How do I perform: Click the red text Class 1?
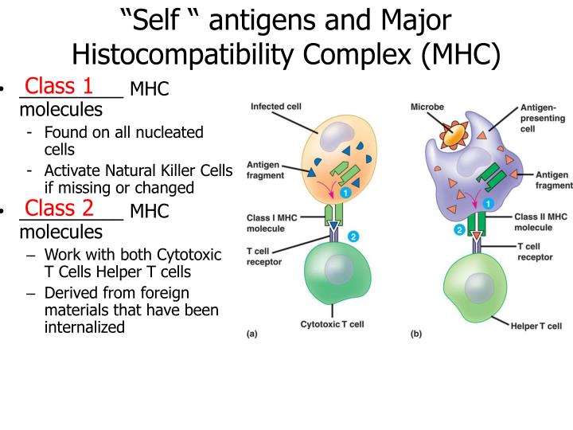[x=58, y=86]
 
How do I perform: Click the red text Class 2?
[x=59, y=208]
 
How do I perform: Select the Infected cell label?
[x=276, y=107]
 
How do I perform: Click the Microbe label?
[x=427, y=107]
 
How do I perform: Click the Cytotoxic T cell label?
[x=332, y=324]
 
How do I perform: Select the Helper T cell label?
[x=536, y=326]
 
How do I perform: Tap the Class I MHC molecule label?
[x=272, y=223]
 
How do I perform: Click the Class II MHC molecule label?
[x=541, y=222]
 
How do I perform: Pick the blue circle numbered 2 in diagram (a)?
[x=353, y=236]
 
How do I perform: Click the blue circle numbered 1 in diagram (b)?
[x=488, y=203]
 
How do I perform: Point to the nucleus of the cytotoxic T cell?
[x=339, y=269]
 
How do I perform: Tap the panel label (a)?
[x=252, y=334]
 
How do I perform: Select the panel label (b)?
[x=416, y=334]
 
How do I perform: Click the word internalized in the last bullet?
[x=85, y=327]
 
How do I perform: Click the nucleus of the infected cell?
[x=337, y=136]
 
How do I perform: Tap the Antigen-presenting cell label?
[x=543, y=118]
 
